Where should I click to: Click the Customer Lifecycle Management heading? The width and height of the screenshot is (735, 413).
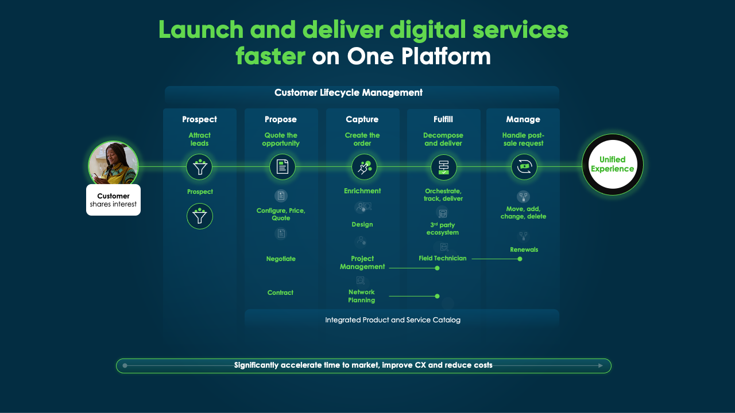pos(348,93)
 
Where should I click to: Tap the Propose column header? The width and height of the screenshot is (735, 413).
pos(281,119)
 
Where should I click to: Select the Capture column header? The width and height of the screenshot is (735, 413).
pos(362,119)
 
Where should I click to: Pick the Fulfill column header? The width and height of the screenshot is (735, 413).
pos(443,119)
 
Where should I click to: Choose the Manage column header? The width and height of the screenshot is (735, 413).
pos(523,119)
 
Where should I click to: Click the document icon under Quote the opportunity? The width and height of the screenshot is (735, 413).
pos(282,167)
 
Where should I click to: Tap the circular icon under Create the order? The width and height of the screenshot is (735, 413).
pos(364,167)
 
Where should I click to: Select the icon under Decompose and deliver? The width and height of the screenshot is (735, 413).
pos(444,167)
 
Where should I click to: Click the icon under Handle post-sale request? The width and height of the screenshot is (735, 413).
pos(524,167)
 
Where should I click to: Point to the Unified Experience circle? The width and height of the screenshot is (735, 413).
pos(612,165)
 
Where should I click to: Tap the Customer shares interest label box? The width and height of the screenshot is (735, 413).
pos(113,200)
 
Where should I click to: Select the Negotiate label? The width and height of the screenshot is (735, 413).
pos(281,259)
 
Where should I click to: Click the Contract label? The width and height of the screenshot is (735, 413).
pos(280,293)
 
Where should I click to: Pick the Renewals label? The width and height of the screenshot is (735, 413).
pos(524,250)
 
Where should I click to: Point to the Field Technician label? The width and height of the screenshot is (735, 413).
pos(442,258)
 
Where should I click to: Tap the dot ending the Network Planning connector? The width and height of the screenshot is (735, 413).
pos(437,297)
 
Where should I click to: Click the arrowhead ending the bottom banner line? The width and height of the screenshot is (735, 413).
pos(601,365)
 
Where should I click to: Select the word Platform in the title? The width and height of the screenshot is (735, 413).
pos(446,56)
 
